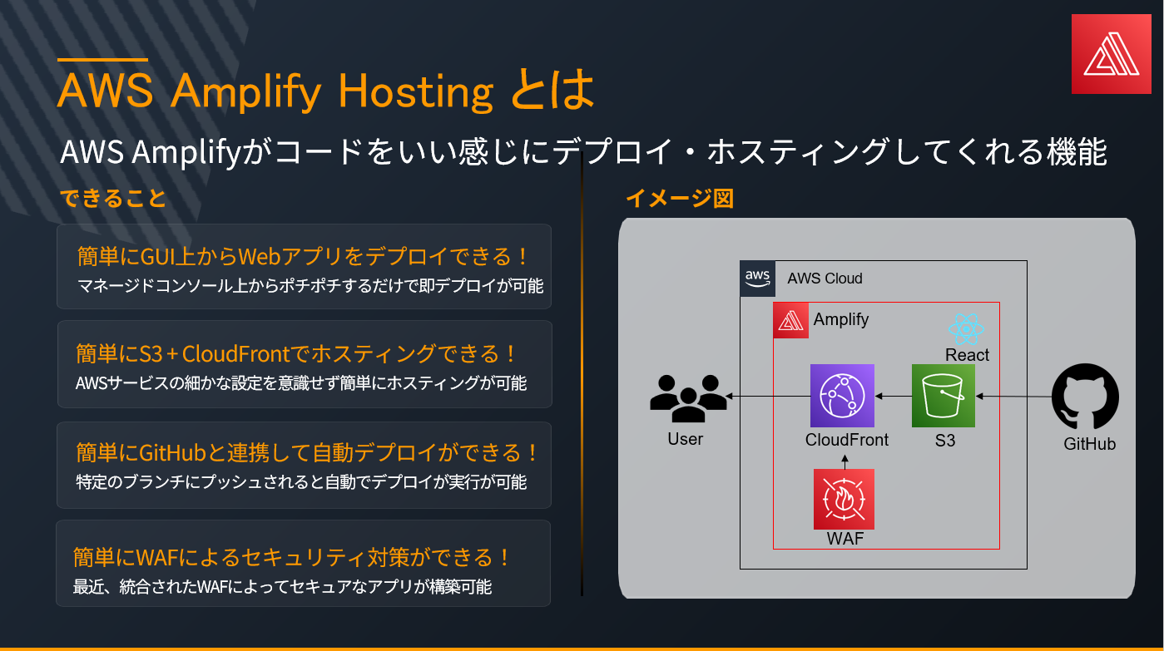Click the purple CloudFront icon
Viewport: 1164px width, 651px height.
[842, 396]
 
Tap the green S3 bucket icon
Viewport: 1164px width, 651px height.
[944, 396]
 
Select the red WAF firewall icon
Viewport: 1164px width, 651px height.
[844, 499]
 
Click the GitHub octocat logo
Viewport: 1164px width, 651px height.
[1085, 396]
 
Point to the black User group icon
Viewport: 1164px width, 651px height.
[688, 398]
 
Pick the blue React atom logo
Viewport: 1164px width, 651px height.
[966, 329]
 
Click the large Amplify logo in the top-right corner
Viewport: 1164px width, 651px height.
[1111, 54]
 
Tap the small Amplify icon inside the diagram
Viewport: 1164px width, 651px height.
[791, 320]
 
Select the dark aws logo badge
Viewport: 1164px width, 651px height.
[758, 279]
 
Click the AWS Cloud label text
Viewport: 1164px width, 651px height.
[825, 279]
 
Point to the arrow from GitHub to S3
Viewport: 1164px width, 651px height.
[1014, 397]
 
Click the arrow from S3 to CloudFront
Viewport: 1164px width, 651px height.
[894, 396]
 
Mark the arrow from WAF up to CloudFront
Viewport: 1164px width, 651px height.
[845, 462]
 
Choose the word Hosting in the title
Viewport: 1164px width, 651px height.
[416, 91]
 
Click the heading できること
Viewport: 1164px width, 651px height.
[113, 199]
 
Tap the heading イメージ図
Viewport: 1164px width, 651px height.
[680, 199]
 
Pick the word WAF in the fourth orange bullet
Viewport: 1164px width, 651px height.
[157, 558]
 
